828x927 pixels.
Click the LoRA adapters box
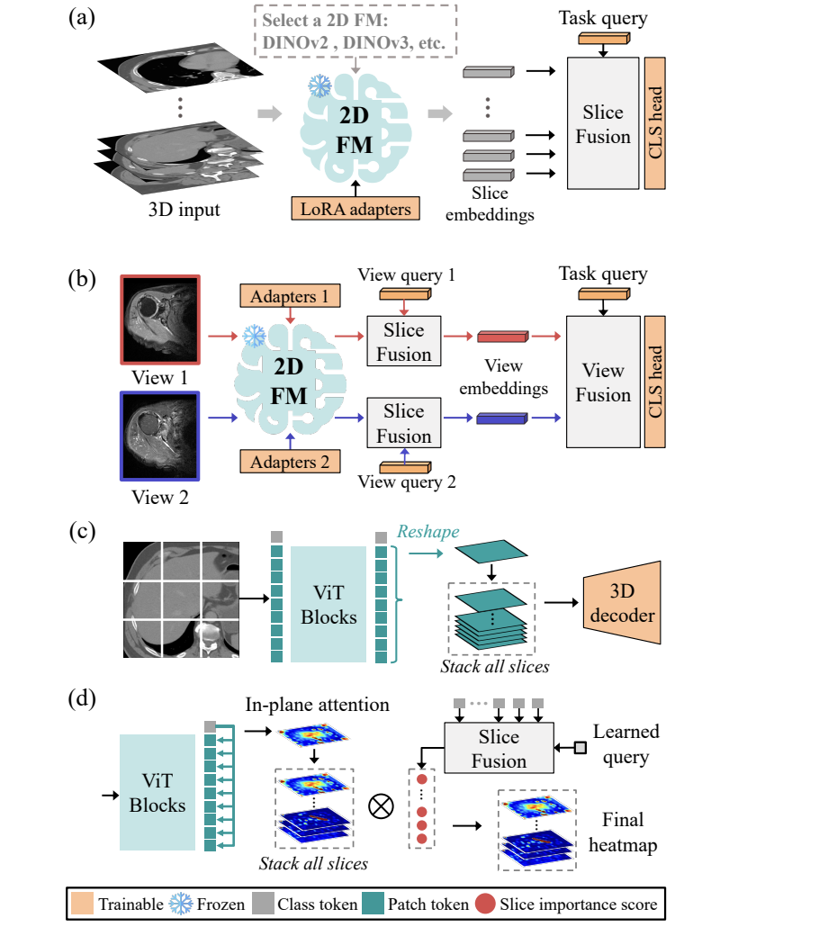click(357, 208)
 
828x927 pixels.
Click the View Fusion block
click(602, 382)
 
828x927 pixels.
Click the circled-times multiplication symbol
click(382, 806)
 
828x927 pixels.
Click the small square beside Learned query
click(580, 746)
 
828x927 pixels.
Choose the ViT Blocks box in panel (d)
click(157, 792)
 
